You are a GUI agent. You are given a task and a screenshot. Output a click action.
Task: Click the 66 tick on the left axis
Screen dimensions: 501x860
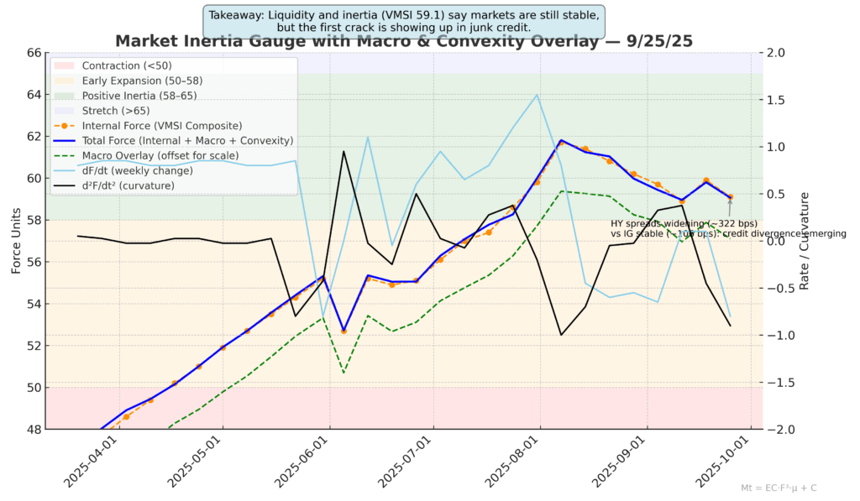(34, 53)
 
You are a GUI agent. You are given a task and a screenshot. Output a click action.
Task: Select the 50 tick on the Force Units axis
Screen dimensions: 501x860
(34, 388)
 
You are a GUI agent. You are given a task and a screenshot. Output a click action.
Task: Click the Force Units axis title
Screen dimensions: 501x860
(16, 241)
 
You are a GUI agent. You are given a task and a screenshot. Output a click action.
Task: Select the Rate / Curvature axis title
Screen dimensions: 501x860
(805, 241)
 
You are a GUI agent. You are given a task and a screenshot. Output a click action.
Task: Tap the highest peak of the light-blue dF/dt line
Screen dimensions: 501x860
(537, 95)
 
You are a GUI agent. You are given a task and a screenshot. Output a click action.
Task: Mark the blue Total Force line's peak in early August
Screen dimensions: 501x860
(561, 140)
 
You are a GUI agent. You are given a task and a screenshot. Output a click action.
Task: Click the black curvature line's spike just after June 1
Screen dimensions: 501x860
(343, 151)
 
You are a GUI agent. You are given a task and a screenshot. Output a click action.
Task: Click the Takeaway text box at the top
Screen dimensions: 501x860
(403, 20)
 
